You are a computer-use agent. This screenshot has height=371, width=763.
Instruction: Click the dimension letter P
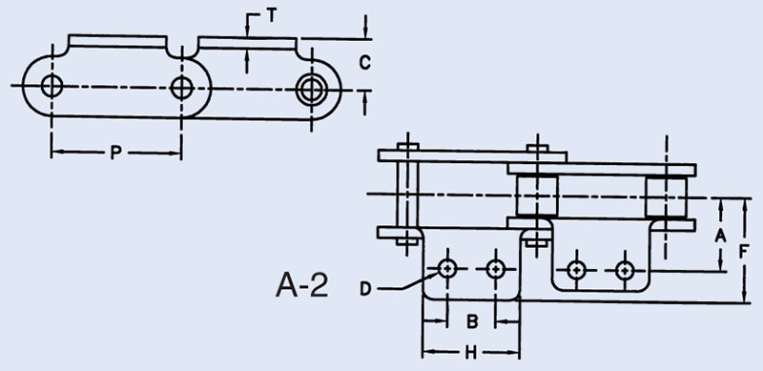coord(115,154)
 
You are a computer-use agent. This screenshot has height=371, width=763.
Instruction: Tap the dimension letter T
coord(271,16)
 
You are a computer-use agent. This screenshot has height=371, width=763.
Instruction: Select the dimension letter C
coord(364,62)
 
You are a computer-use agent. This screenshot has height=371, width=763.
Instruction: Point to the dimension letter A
coord(720,237)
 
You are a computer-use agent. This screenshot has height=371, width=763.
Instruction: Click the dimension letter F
coord(744,252)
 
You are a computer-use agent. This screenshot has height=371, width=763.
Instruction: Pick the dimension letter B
coord(471,321)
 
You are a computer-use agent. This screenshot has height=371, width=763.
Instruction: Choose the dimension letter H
coord(470,354)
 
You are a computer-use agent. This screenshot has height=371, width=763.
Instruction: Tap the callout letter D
coord(365,289)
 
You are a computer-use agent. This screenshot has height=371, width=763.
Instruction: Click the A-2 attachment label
coord(301,285)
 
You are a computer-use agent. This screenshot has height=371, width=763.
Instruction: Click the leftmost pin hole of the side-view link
coord(52,86)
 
